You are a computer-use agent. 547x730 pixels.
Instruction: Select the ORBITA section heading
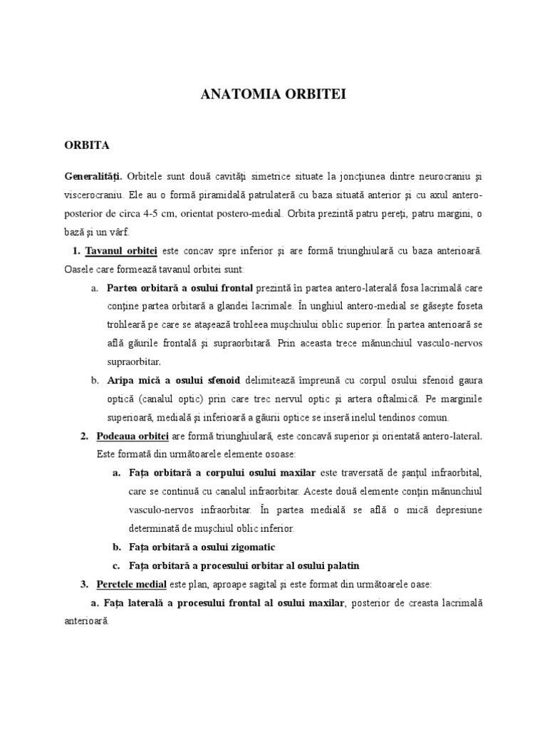tap(87, 145)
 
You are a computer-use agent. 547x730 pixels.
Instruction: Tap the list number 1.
tap(75, 251)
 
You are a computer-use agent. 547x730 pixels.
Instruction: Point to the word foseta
tap(467, 307)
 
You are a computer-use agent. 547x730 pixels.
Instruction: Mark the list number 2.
tap(83, 436)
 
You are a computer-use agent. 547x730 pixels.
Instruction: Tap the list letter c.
tap(115, 566)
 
